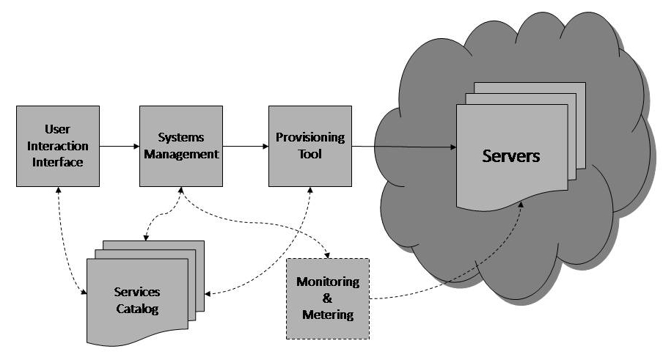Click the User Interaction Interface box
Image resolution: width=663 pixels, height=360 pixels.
58,146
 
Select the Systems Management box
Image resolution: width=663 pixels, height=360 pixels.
181,146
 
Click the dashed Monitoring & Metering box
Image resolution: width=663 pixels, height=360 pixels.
328,298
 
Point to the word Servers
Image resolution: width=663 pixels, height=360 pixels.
511,156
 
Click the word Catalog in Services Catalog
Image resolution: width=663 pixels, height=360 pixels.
137,309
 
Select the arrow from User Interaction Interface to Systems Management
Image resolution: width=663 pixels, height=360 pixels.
120,146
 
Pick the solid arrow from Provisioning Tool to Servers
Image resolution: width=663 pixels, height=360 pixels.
403,148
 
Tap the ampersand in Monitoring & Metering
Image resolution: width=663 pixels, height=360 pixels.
328,298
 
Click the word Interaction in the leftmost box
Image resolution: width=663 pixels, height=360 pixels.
58,146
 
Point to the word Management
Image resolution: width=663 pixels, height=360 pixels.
181,154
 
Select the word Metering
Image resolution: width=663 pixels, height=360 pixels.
328,315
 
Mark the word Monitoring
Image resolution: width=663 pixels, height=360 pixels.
328,282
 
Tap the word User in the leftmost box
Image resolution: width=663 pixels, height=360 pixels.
58,130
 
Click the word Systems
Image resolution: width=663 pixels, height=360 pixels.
181,138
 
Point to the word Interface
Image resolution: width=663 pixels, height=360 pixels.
58,162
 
